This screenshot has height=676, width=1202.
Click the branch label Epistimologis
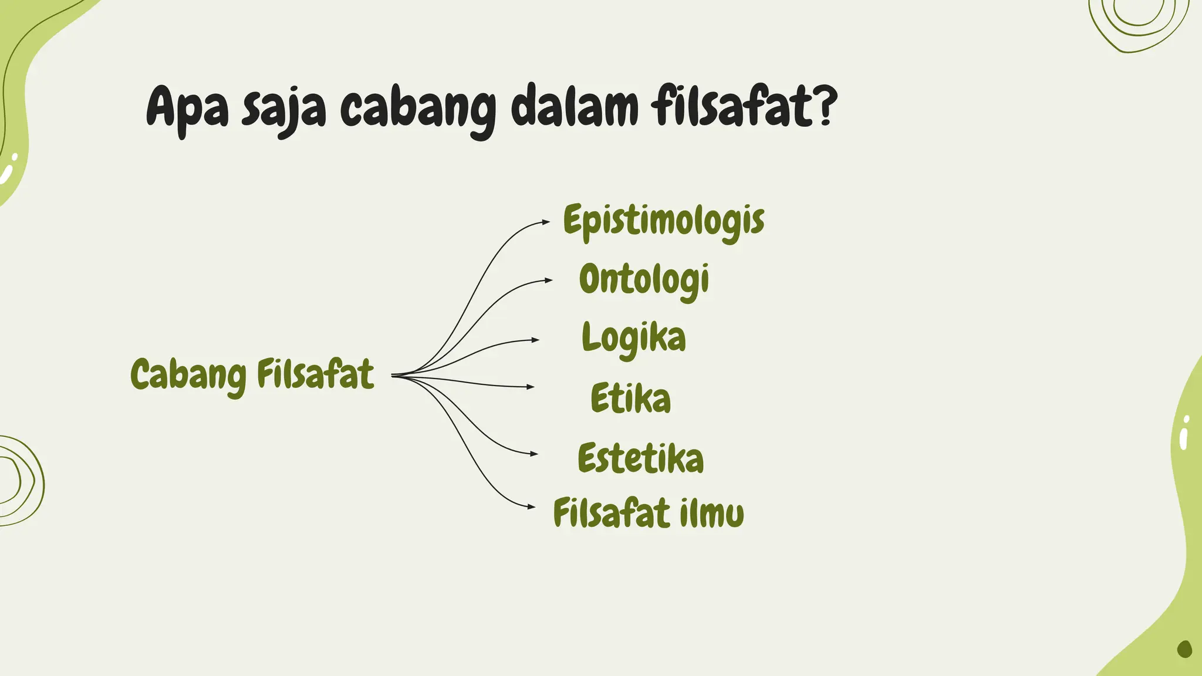pos(663,221)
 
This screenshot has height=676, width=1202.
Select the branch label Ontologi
pos(644,279)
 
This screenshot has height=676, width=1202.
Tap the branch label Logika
pos(633,338)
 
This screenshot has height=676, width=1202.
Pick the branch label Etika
pos(630,398)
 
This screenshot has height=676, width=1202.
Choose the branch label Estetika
pos(640,458)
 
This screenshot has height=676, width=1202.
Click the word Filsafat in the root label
pos(315,374)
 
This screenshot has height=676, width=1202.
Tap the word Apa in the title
pos(187,107)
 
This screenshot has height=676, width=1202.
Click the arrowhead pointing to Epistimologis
pos(546,222)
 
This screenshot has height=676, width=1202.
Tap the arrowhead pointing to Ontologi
pos(548,280)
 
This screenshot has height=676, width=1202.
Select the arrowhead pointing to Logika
pos(535,340)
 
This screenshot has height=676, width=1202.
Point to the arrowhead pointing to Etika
pos(531,387)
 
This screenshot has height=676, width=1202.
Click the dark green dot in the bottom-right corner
pos(1184,648)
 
